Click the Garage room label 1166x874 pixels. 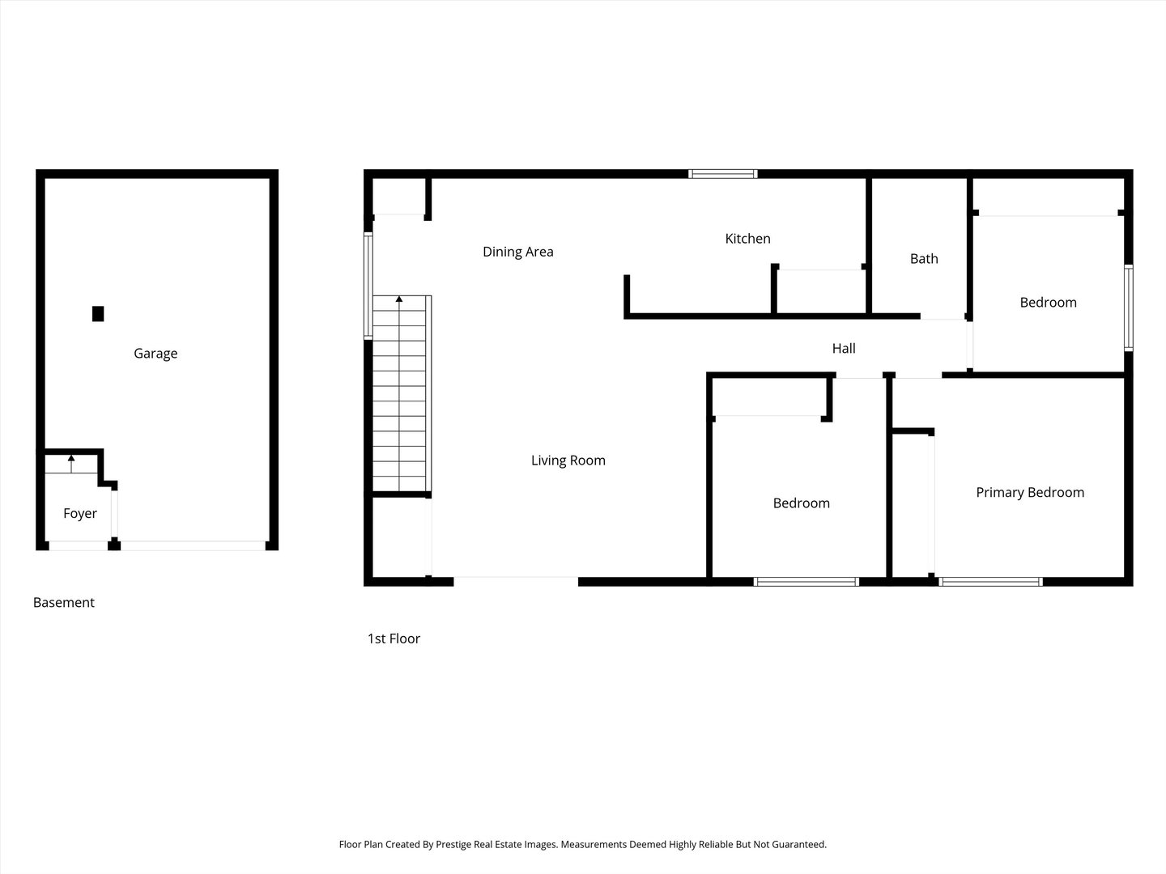click(155, 354)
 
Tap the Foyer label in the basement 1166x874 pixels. click(79, 513)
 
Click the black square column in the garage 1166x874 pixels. click(98, 314)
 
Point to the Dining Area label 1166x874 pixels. click(518, 252)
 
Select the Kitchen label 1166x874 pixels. click(747, 238)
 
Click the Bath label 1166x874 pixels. click(924, 258)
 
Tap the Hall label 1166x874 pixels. click(844, 348)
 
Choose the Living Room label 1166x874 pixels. click(568, 460)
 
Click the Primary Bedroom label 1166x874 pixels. click(1030, 493)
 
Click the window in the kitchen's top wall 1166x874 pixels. click(722, 173)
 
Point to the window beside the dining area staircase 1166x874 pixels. click(368, 285)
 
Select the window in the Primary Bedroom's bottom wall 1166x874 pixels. click(991, 582)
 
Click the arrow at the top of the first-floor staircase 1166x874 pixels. click(399, 299)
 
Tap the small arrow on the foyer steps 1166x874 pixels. click(71, 463)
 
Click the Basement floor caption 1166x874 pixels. click(64, 602)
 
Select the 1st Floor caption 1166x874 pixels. click(394, 639)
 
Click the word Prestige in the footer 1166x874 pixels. click(453, 844)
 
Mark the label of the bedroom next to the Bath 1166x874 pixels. click(1048, 303)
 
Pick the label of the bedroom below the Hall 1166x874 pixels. click(801, 503)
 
